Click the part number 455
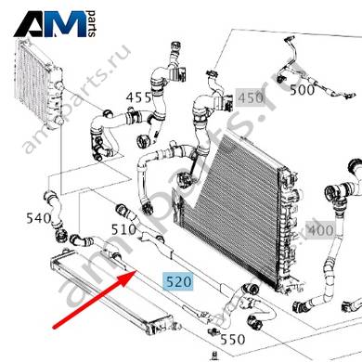click(138, 97)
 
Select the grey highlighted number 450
click(251, 97)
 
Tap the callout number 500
click(302, 90)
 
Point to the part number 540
click(38, 218)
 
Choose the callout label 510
click(123, 229)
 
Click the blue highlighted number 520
click(179, 282)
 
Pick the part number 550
click(233, 340)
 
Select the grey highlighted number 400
click(321, 230)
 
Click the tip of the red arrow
click(137, 270)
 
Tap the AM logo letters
click(50, 24)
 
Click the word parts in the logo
click(92, 24)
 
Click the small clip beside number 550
click(213, 332)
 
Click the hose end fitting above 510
click(123, 212)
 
